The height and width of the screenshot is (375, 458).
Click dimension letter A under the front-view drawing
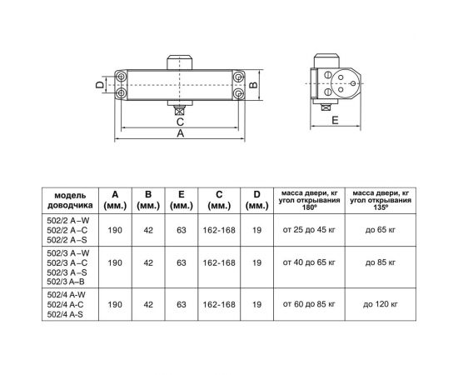click(x=182, y=136)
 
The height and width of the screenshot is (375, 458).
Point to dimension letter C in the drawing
click(x=180, y=120)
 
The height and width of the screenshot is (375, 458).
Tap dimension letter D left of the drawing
click(x=98, y=84)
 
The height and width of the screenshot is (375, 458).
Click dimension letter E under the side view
click(x=335, y=121)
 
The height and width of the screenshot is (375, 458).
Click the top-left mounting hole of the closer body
click(x=123, y=76)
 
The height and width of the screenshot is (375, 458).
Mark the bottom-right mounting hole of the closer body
click(x=239, y=93)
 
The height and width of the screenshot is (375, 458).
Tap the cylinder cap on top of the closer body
click(x=181, y=63)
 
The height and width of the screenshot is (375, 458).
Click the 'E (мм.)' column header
click(x=180, y=199)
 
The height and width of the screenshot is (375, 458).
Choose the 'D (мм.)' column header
click(x=256, y=199)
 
